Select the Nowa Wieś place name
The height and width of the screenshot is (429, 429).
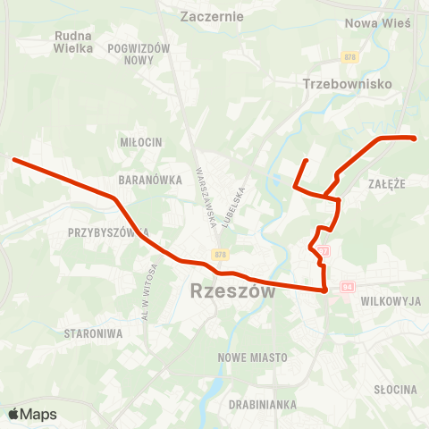(x=376, y=23)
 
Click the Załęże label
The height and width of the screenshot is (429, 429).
(x=387, y=182)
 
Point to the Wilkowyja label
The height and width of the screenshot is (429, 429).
(x=391, y=302)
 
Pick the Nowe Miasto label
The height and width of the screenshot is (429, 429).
(x=253, y=357)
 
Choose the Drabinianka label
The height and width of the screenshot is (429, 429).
(x=263, y=404)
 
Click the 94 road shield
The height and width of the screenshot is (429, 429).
(x=348, y=287)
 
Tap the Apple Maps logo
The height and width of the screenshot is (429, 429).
(x=32, y=414)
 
